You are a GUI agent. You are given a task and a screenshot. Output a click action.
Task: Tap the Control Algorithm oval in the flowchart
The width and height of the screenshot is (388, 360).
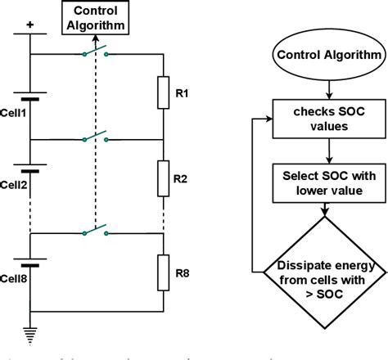(x=327, y=56)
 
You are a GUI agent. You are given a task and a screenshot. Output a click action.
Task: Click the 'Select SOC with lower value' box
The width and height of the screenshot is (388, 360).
(x=327, y=182)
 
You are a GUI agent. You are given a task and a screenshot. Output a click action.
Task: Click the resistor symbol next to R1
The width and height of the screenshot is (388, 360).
(x=164, y=93)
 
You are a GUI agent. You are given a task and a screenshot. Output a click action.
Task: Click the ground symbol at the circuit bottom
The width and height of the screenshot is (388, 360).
(x=29, y=334)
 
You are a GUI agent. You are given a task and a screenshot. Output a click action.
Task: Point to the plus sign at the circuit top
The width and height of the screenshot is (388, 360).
(x=29, y=25)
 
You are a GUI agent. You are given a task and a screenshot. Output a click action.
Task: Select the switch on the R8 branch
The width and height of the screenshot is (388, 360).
(x=97, y=232)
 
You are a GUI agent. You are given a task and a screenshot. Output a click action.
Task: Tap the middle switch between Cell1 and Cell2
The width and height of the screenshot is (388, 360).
(x=97, y=137)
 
